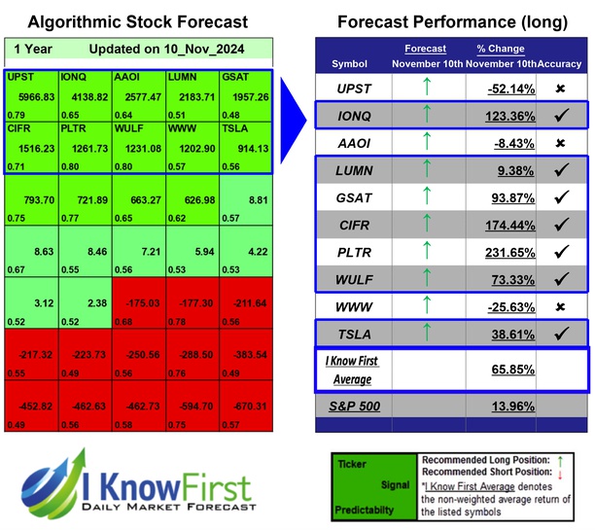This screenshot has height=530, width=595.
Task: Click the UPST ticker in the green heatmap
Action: coord(20,77)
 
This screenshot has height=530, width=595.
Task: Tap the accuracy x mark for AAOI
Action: coord(561,143)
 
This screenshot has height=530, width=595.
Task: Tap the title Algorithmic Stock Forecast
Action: coord(137,21)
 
